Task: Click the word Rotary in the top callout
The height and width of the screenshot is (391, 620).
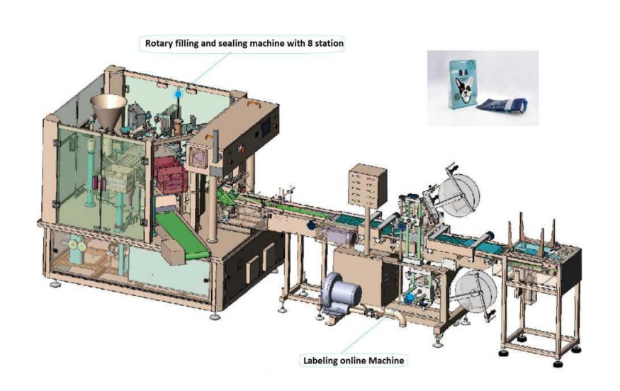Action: (x=159, y=43)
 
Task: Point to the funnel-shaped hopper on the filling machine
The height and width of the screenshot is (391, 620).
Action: (x=108, y=110)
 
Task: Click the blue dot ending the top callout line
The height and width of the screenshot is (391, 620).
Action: (x=178, y=93)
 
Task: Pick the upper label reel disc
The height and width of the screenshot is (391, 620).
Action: (x=458, y=191)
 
